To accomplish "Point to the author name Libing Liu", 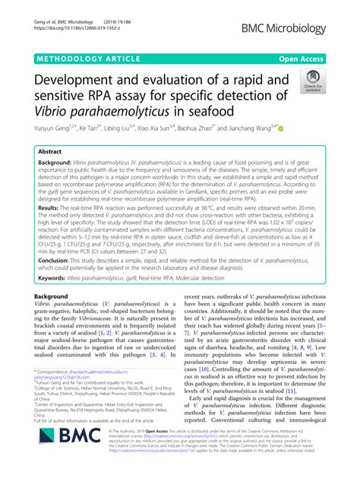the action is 121,132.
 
